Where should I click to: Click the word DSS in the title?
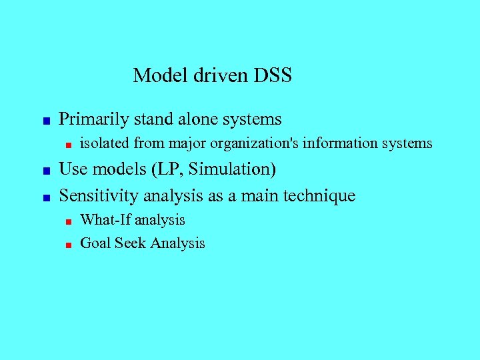(x=273, y=75)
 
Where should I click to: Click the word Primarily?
(x=94, y=120)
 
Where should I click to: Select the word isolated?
(x=105, y=143)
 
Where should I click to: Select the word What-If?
(x=105, y=220)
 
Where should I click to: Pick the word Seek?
(x=130, y=243)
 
